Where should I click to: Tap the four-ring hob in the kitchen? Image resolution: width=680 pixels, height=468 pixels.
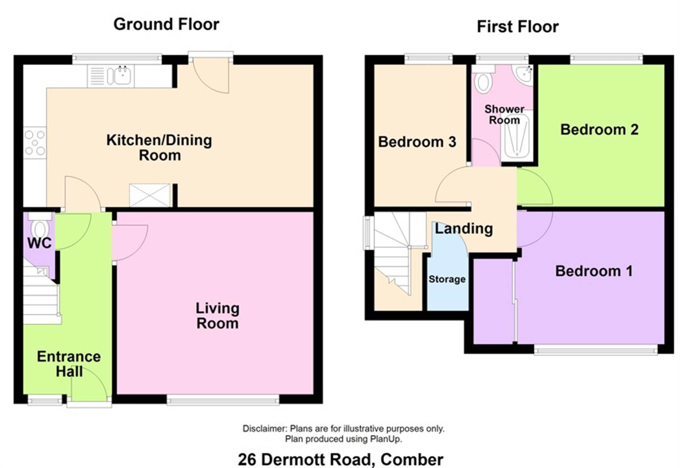tap(35, 143)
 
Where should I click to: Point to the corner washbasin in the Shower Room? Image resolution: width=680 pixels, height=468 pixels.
tap(524, 74)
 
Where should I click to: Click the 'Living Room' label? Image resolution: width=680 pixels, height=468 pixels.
tap(218, 316)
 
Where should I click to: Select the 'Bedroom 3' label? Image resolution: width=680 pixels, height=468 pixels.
tap(417, 142)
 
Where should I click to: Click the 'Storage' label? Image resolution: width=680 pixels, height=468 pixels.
tap(447, 279)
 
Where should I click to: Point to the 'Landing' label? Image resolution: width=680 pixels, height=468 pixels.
tap(464, 229)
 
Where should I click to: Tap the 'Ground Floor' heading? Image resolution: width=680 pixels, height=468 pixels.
tap(166, 24)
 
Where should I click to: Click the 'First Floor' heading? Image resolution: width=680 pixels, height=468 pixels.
tap(517, 27)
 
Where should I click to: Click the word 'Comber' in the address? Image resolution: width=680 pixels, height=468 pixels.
tap(412, 460)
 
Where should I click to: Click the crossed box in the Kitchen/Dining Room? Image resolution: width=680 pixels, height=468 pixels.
tap(150, 195)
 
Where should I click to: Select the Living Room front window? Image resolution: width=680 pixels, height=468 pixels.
tap(223, 400)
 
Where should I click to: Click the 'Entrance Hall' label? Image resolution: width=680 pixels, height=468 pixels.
tap(69, 364)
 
